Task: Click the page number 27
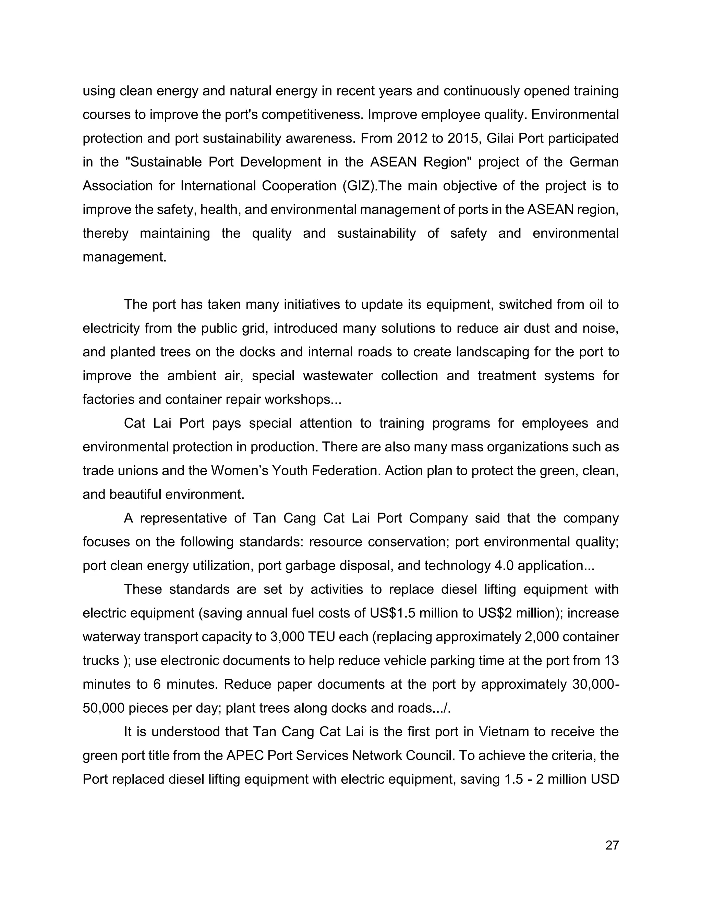612,845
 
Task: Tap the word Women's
237,471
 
